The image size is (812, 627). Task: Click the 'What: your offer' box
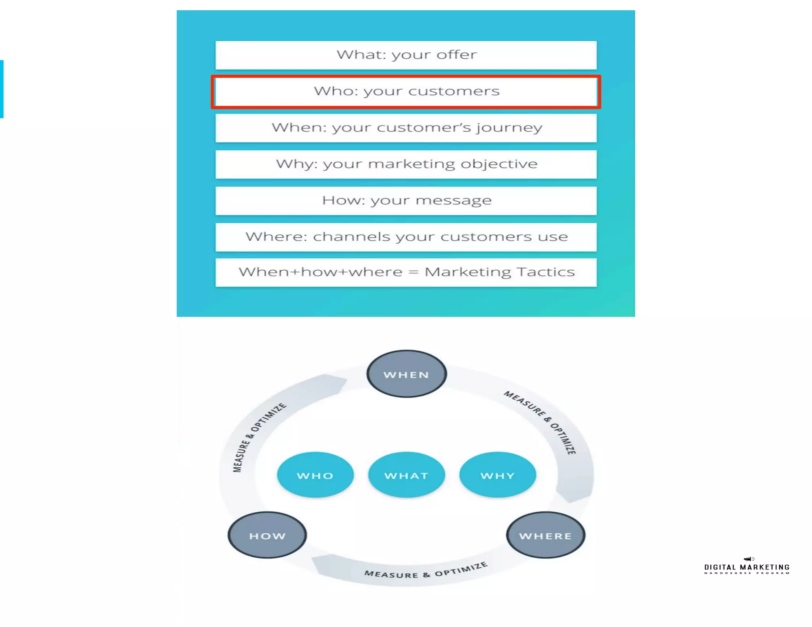coord(406,55)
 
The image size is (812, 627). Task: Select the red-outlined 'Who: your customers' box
coord(406,92)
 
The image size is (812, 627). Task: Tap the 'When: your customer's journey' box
coord(406,128)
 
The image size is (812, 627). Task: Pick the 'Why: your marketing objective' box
coord(406,164)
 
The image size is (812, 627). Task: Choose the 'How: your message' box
coord(406,201)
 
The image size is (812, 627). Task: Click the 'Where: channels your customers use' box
coord(406,237)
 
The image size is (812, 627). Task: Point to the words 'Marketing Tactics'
coord(499,272)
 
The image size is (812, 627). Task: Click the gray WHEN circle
coord(406,374)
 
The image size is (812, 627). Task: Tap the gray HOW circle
coord(267,535)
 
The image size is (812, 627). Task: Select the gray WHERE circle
coord(546,535)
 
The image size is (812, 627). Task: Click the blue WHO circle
coord(315,475)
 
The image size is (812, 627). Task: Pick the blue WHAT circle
coord(406,475)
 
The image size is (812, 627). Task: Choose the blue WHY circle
coord(498,475)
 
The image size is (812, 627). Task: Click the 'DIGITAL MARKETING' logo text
coord(747,568)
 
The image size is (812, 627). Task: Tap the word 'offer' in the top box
coord(457,55)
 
